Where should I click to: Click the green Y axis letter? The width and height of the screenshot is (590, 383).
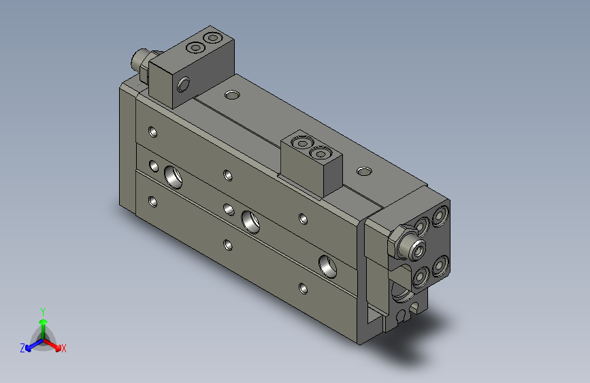point(42,310)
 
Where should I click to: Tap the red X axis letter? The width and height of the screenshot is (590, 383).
point(64,348)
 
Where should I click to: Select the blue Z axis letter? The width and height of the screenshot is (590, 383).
point(22,348)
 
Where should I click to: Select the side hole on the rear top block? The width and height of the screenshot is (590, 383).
point(183,85)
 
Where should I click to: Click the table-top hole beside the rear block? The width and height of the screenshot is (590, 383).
point(232,94)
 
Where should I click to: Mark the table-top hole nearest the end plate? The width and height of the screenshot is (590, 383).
point(365,170)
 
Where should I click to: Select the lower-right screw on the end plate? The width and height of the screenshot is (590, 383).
point(440,265)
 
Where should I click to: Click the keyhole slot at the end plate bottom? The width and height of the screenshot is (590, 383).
point(406,313)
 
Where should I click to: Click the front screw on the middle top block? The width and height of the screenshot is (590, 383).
point(321,153)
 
